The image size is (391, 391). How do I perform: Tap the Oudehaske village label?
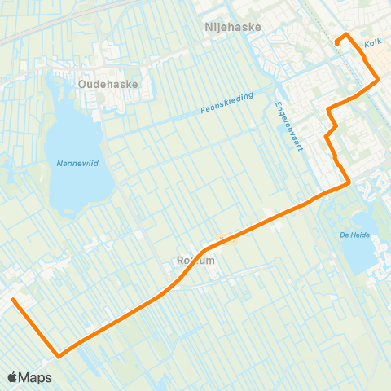[108, 83]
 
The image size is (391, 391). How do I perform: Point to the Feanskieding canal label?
[226, 103]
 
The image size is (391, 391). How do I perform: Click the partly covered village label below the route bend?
[194, 261]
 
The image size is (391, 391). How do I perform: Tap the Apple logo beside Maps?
[13, 377]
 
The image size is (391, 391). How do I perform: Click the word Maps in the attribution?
[36, 377]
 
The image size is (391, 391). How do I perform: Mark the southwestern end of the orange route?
[13, 300]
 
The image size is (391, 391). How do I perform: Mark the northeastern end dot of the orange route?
[336, 42]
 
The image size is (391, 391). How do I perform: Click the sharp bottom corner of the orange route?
[59, 356]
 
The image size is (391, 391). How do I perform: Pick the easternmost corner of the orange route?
[378, 80]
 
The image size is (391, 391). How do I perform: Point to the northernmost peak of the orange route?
[346, 33]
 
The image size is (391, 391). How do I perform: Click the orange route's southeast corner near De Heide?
[349, 182]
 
